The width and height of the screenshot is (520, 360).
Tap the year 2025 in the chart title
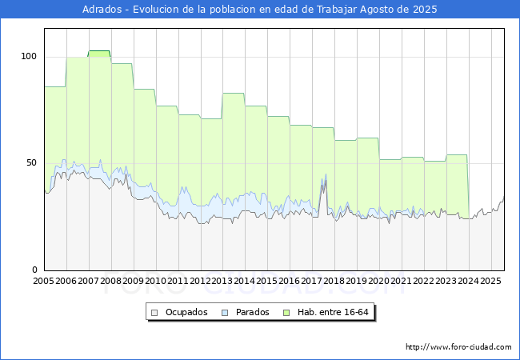[x=425, y=10]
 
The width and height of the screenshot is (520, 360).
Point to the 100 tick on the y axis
[x=29, y=56]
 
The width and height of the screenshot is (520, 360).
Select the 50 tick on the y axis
[x=31, y=162]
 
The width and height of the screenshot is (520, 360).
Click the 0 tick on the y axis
[x=34, y=270]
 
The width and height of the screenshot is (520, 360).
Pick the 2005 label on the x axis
[x=43, y=281]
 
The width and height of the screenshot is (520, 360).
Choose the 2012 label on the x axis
[x=200, y=281]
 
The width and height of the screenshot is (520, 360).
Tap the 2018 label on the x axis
[x=334, y=281]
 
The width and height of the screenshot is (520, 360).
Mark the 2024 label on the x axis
[x=469, y=281]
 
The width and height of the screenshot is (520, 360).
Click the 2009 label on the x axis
[x=133, y=281]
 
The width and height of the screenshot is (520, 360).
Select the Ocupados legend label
[x=186, y=312]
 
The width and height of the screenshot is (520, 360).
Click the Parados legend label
[x=252, y=312]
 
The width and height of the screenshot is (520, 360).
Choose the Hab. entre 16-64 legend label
[x=333, y=312]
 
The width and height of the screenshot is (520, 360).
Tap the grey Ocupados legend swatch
[x=154, y=313]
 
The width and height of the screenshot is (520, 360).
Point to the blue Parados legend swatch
[x=225, y=313]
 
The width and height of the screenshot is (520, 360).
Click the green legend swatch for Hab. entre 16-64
[x=286, y=313]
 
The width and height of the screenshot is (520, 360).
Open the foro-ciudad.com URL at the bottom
[x=458, y=347]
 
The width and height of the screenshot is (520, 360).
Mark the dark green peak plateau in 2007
[x=99, y=51]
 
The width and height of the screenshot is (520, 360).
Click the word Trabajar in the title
[x=337, y=10]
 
